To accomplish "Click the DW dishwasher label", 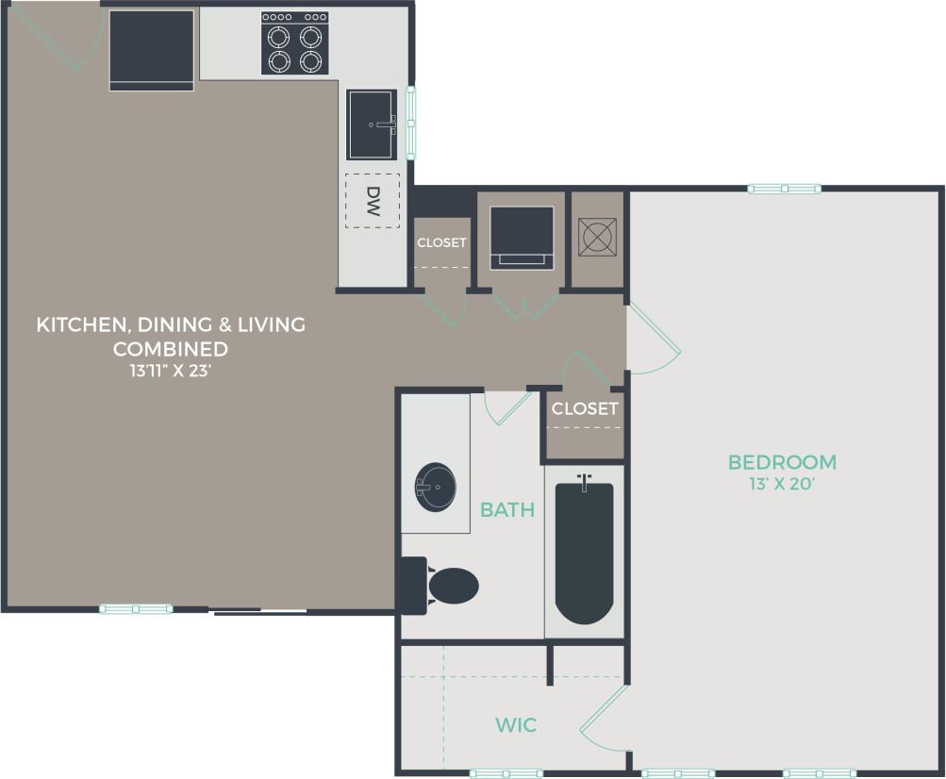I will [x=373, y=200].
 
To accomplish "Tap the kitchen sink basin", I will [x=372, y=124].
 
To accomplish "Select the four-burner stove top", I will [x=294, y=43].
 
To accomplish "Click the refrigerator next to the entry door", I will [x=152, y=50].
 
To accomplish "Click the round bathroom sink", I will [x=435, y=487].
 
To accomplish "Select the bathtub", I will [x=584, y=552].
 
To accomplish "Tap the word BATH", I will [x=507, y=510].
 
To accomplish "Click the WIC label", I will [x=516, y=724].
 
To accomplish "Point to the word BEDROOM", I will [x=782, y=462].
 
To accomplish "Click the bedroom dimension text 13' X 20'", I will [x=782, y=485].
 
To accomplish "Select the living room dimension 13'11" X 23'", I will [x=171, y=371].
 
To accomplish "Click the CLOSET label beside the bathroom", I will [x=585, y=408].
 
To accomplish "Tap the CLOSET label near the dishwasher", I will [x=441, y=242].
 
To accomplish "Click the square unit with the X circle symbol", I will [x=598, y=237].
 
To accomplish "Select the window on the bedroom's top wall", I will [x=784, y=189].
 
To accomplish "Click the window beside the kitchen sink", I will [x=411, y=123].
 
